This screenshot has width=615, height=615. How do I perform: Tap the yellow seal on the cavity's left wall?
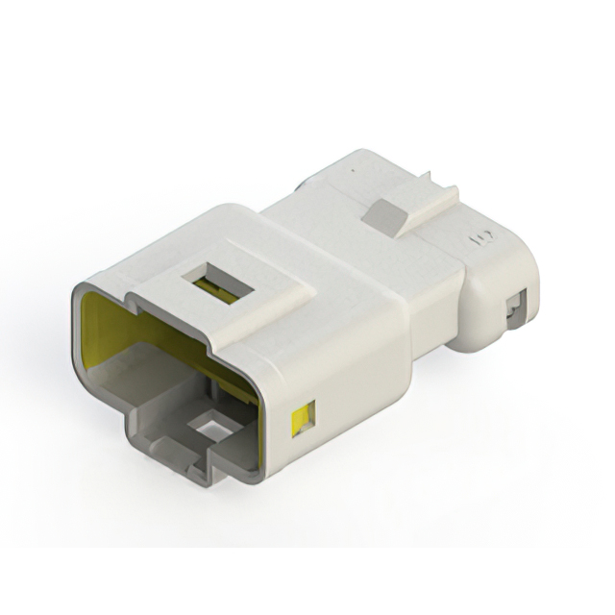click(96, 327)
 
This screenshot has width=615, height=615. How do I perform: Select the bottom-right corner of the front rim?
click(258, 471)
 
